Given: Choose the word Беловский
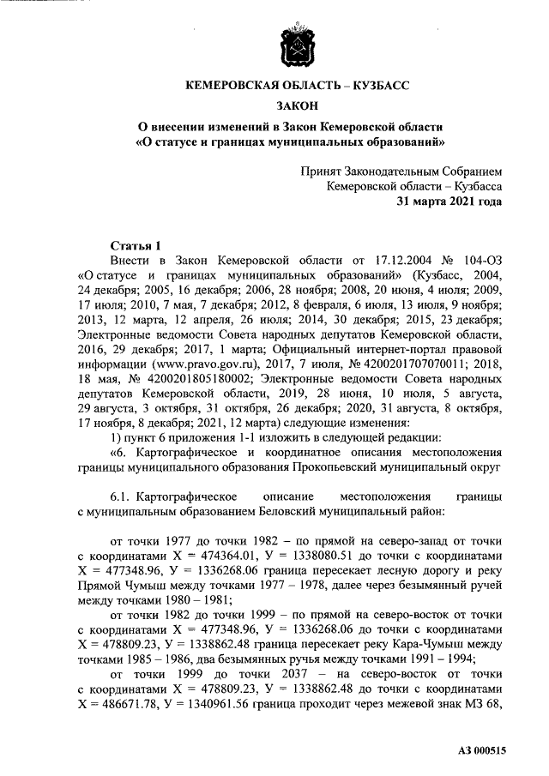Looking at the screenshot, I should pos(298,510).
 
